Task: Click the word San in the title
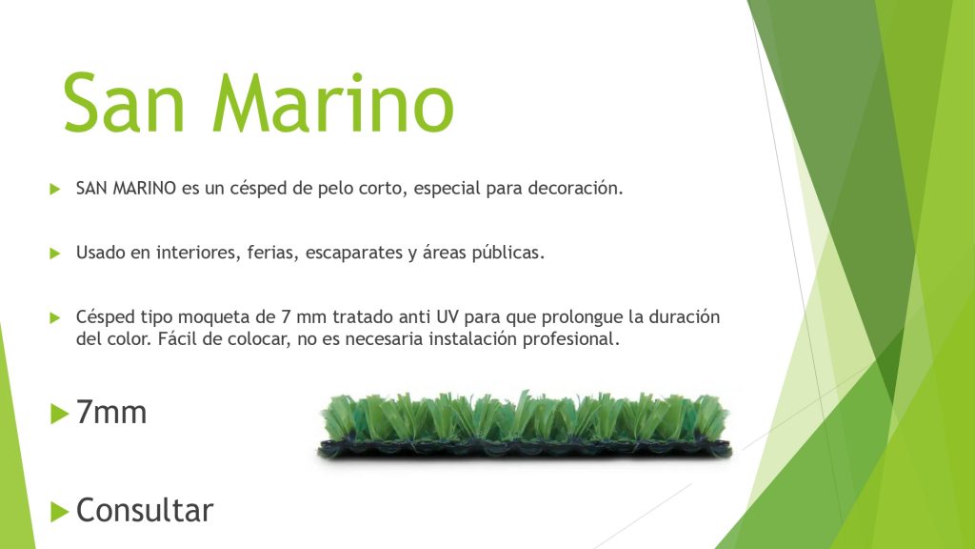(x=124, y=102)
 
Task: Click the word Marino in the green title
(x=333, y=102)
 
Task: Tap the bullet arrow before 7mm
(x=59, y=414)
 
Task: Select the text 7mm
(x=111, y=412)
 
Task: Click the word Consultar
(x=145, y=511)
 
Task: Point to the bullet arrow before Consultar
(x=59, y=512)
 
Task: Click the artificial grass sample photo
(x=525, y=426)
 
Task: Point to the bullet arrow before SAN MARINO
(x=54, y=189)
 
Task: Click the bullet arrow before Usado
(x=54, y=254)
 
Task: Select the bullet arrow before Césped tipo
(x=54, y=318)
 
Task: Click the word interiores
(x=198, y=253)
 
